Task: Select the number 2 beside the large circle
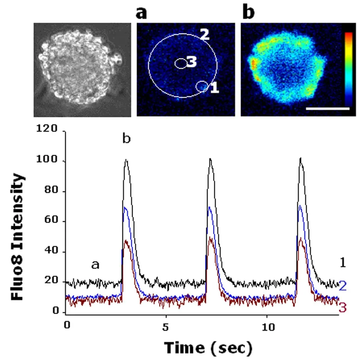pyautogui.click(x=205, y=34)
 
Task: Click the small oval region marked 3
pyautogui.click(x=181, y=64)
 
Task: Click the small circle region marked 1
pyautogui.click(x=202, y=86)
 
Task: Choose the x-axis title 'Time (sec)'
pyautogui.click(x=207, y=348)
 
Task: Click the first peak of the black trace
pyautogui.click(x=126, y=160)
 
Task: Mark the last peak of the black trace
pyautogui.click(x=300, y=159)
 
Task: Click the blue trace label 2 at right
pyautogui.click(x=342, y=286)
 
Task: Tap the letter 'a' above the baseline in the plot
pyautogui.click(x=95, y=265)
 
